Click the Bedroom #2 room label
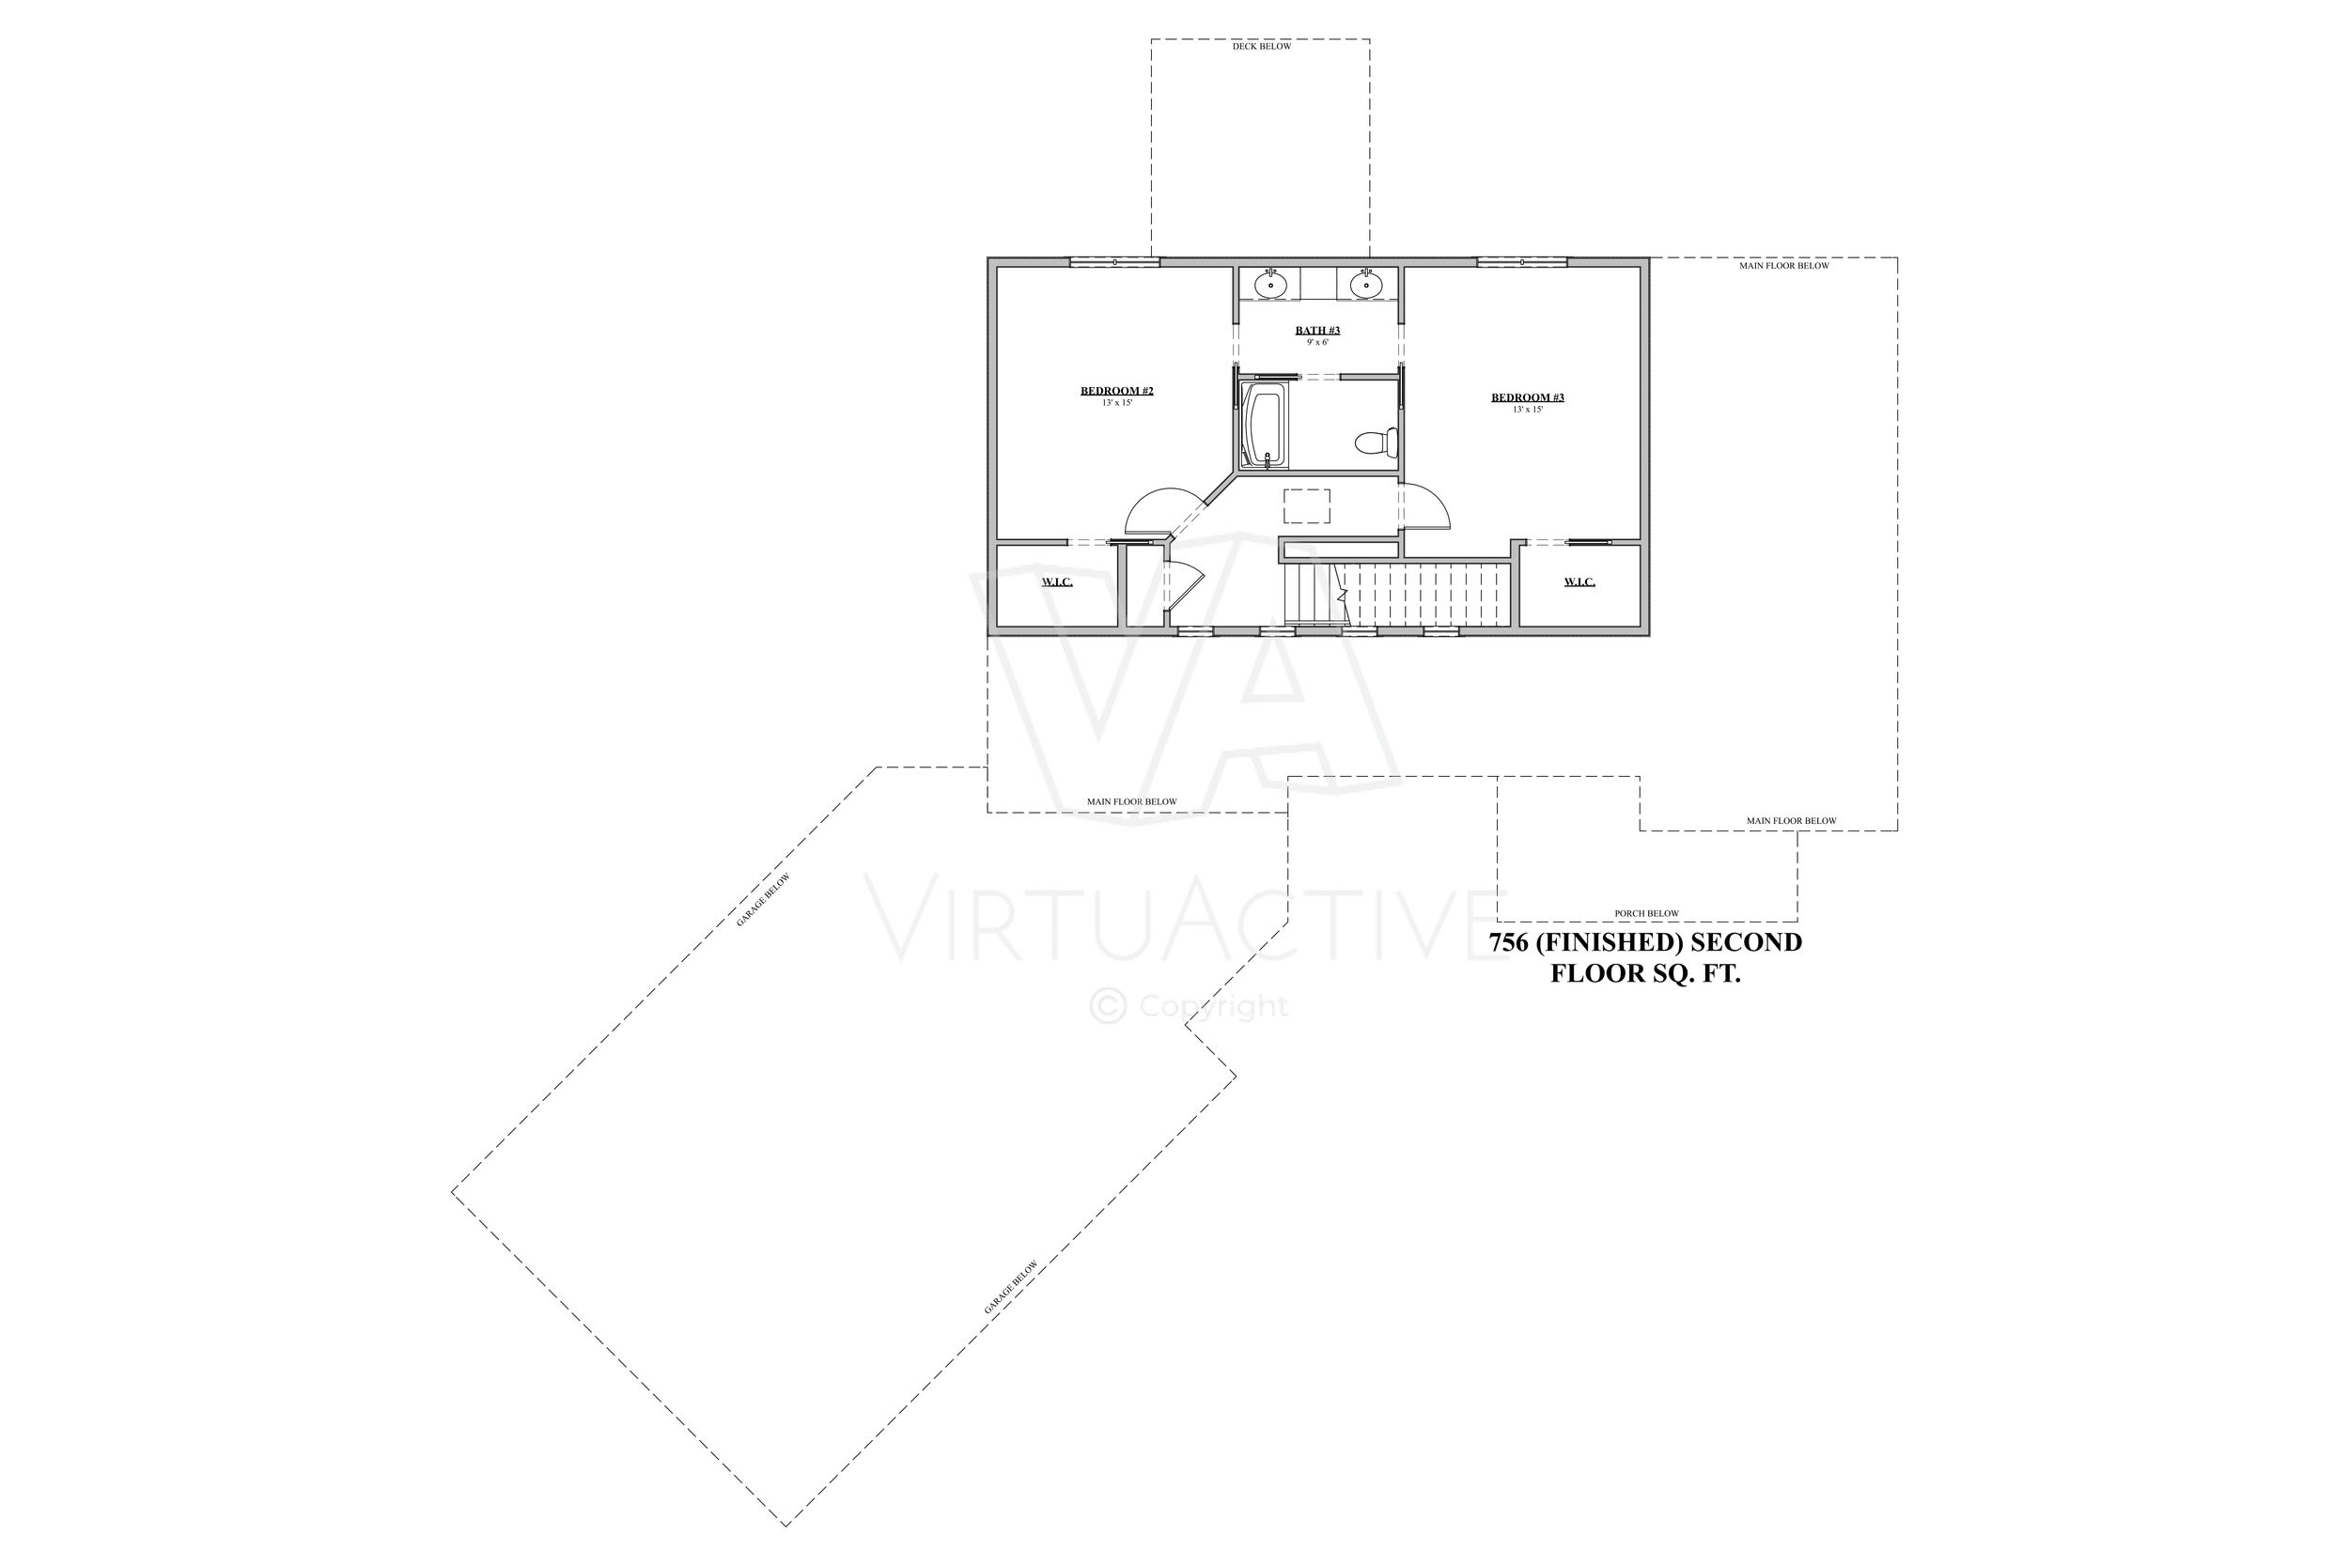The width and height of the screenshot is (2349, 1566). point(1116,391)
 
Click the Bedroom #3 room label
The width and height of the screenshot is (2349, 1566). point(1527,397)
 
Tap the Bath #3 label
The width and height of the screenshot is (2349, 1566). point(1317,331)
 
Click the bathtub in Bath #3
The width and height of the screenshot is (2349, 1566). point(1264,426)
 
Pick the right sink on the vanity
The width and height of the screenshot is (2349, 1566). point(1365,285)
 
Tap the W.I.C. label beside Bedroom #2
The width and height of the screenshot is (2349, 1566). point(1057,582)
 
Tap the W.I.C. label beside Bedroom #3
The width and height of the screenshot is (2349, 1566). point(1579,582)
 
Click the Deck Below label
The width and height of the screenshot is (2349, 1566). point(1261,47)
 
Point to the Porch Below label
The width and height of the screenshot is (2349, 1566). point(1647,913)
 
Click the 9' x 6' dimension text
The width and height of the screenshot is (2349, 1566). point(1317,343)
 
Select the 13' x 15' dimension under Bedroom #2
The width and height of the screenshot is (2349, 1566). point(1116,402)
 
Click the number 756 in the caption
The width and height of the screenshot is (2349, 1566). point(1508,943)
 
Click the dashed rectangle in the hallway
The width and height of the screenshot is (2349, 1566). point(1306,505)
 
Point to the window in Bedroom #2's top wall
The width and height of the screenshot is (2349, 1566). point(1114,263)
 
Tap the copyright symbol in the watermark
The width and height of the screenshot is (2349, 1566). point(1108,1005)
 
